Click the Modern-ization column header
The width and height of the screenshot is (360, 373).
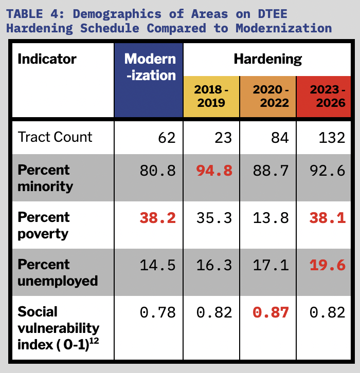pyautogui.click(x=150, y=67)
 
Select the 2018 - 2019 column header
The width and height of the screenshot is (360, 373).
pyautogui.click(x=211, y=96)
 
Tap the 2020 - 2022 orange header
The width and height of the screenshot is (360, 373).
pyautogui.click(x=267, y=96)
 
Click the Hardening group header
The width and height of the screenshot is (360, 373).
pyautogui.click(x=267, y=59)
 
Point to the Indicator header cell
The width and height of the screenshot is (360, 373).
pyautogui.click(x=47, y=59)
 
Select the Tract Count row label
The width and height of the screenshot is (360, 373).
pyautogui.click(x=55, y=137)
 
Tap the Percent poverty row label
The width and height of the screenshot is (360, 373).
pyautogui.click(x=44, y=225)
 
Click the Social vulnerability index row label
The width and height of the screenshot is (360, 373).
pyautogui.click(x=58, y=328)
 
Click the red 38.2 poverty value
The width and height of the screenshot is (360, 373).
pyautogui.click(x=158, y=218)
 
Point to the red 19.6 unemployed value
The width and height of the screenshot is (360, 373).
pyautogui.click(x=327, y=265)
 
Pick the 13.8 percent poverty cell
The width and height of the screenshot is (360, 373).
pyautogui.click(x=271, y=218)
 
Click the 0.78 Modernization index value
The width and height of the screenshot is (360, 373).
pyautogui.click(x=158, y=312)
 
